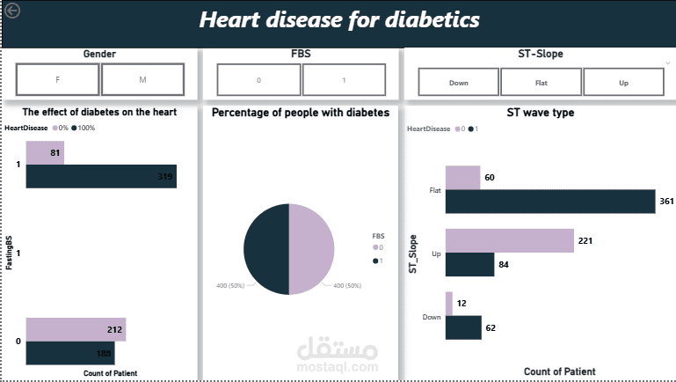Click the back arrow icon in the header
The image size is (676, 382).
(x=12, y=11)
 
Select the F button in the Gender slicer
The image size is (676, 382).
(x=57, y=79)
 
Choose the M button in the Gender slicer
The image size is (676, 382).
(x=142, y=79)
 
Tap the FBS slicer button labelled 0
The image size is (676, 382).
(x=258, y=80)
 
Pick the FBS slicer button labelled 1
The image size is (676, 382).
(x=344, y=80)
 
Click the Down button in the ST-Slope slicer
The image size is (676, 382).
(x=458, y=82)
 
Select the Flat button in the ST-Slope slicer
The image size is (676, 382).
(x=541, y=82)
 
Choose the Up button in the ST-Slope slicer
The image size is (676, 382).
(x=623, y=82)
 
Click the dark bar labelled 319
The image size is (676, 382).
(x=101, y=176)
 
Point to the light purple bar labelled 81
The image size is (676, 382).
(x=45, y=153)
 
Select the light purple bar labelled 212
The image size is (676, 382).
(x=76, y=330)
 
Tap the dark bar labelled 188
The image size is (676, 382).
(x=70, y=353)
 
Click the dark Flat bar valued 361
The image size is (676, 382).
(x=550, y=202)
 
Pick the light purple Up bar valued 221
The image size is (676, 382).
(x=510, y=241)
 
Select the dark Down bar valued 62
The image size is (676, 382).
(x=463, y=327)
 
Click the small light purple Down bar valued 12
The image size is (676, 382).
(x=449, y=304)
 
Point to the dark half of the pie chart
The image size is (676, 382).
(x=266, y=249)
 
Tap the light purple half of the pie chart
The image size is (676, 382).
(x=312, y=249)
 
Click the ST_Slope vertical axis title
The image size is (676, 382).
(x=412, y=253)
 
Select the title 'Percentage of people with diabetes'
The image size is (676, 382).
(x=301, y=113)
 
